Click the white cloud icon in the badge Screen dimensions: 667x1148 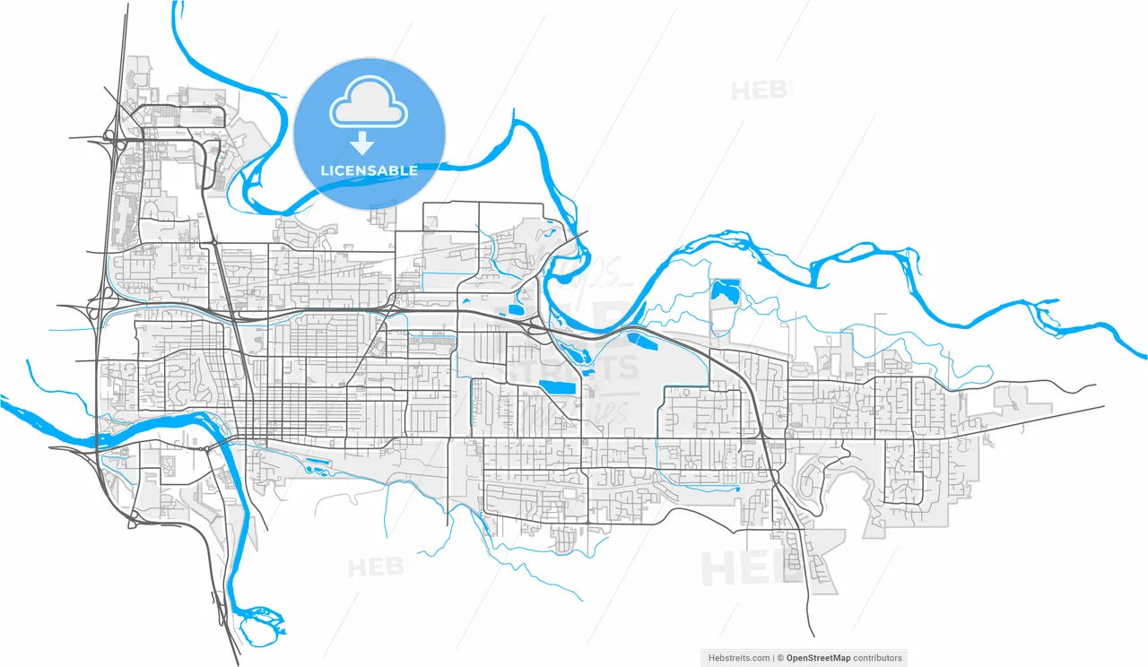coord(369,109)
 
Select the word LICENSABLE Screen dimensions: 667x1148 coord(369,170)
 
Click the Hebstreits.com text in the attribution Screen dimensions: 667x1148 coord(735,658)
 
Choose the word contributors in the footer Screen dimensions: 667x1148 coord(877,658)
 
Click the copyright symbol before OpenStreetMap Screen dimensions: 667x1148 coord(781,658)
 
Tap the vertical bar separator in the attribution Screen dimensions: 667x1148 coord(773,658)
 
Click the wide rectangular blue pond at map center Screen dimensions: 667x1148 coord(559,387)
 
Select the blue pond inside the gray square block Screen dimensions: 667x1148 coord(725,290)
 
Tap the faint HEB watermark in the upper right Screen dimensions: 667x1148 coord(761,91)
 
